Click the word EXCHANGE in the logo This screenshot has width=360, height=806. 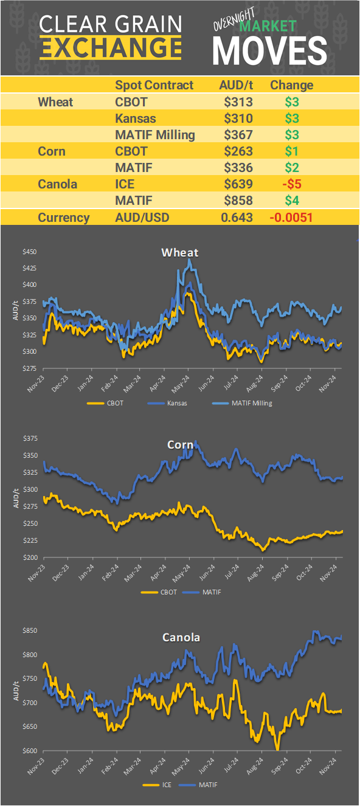[111, 47]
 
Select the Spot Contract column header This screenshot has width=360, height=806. [154, 85]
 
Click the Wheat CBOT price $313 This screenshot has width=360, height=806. [238, 102]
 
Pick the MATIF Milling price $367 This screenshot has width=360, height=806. [238, 134]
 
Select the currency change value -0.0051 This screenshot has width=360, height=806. [291, 217]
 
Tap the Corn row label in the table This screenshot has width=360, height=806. [51, 151]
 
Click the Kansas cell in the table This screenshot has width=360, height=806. [136, 118]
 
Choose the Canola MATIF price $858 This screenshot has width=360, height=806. [238, 200]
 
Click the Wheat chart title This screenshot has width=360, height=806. [179, 252]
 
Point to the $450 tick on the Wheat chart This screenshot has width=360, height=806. [29, 252]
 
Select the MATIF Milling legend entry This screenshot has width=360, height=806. [243, 402]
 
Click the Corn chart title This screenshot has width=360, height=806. [180, 444]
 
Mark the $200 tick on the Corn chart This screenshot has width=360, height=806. [29, 557]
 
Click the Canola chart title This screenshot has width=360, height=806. [181, 638]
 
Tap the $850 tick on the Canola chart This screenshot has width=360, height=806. [29, 631]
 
